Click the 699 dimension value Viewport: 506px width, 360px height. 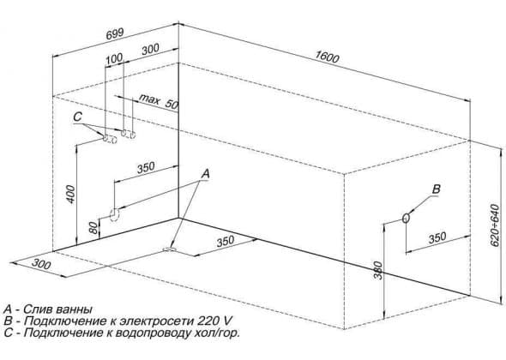point(115,34)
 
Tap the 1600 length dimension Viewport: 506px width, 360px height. point(327,57)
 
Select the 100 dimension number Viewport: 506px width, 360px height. point(114,58)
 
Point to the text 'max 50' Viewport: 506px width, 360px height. point(159,101)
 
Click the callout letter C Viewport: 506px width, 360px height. point(77,117)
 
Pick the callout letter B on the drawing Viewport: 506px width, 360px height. point(436,189)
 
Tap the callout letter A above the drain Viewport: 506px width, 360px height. point(205,174)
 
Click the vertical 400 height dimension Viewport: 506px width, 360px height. point(70,195)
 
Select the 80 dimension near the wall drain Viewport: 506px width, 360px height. point(93,228)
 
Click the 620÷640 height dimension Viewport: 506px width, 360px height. point(494,225)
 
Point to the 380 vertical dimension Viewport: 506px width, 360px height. point(378,270)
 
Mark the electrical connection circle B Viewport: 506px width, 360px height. point(407,218)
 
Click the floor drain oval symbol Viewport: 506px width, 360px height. point(170,249)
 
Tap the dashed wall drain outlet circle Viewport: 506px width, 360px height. point(115,215)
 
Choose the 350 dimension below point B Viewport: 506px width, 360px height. point(437,237)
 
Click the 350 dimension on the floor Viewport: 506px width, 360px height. point(226,241)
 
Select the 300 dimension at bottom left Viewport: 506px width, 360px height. point(41,264)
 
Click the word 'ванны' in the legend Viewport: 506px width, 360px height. point(75,309)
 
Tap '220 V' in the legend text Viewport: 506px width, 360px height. point(214,321)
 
